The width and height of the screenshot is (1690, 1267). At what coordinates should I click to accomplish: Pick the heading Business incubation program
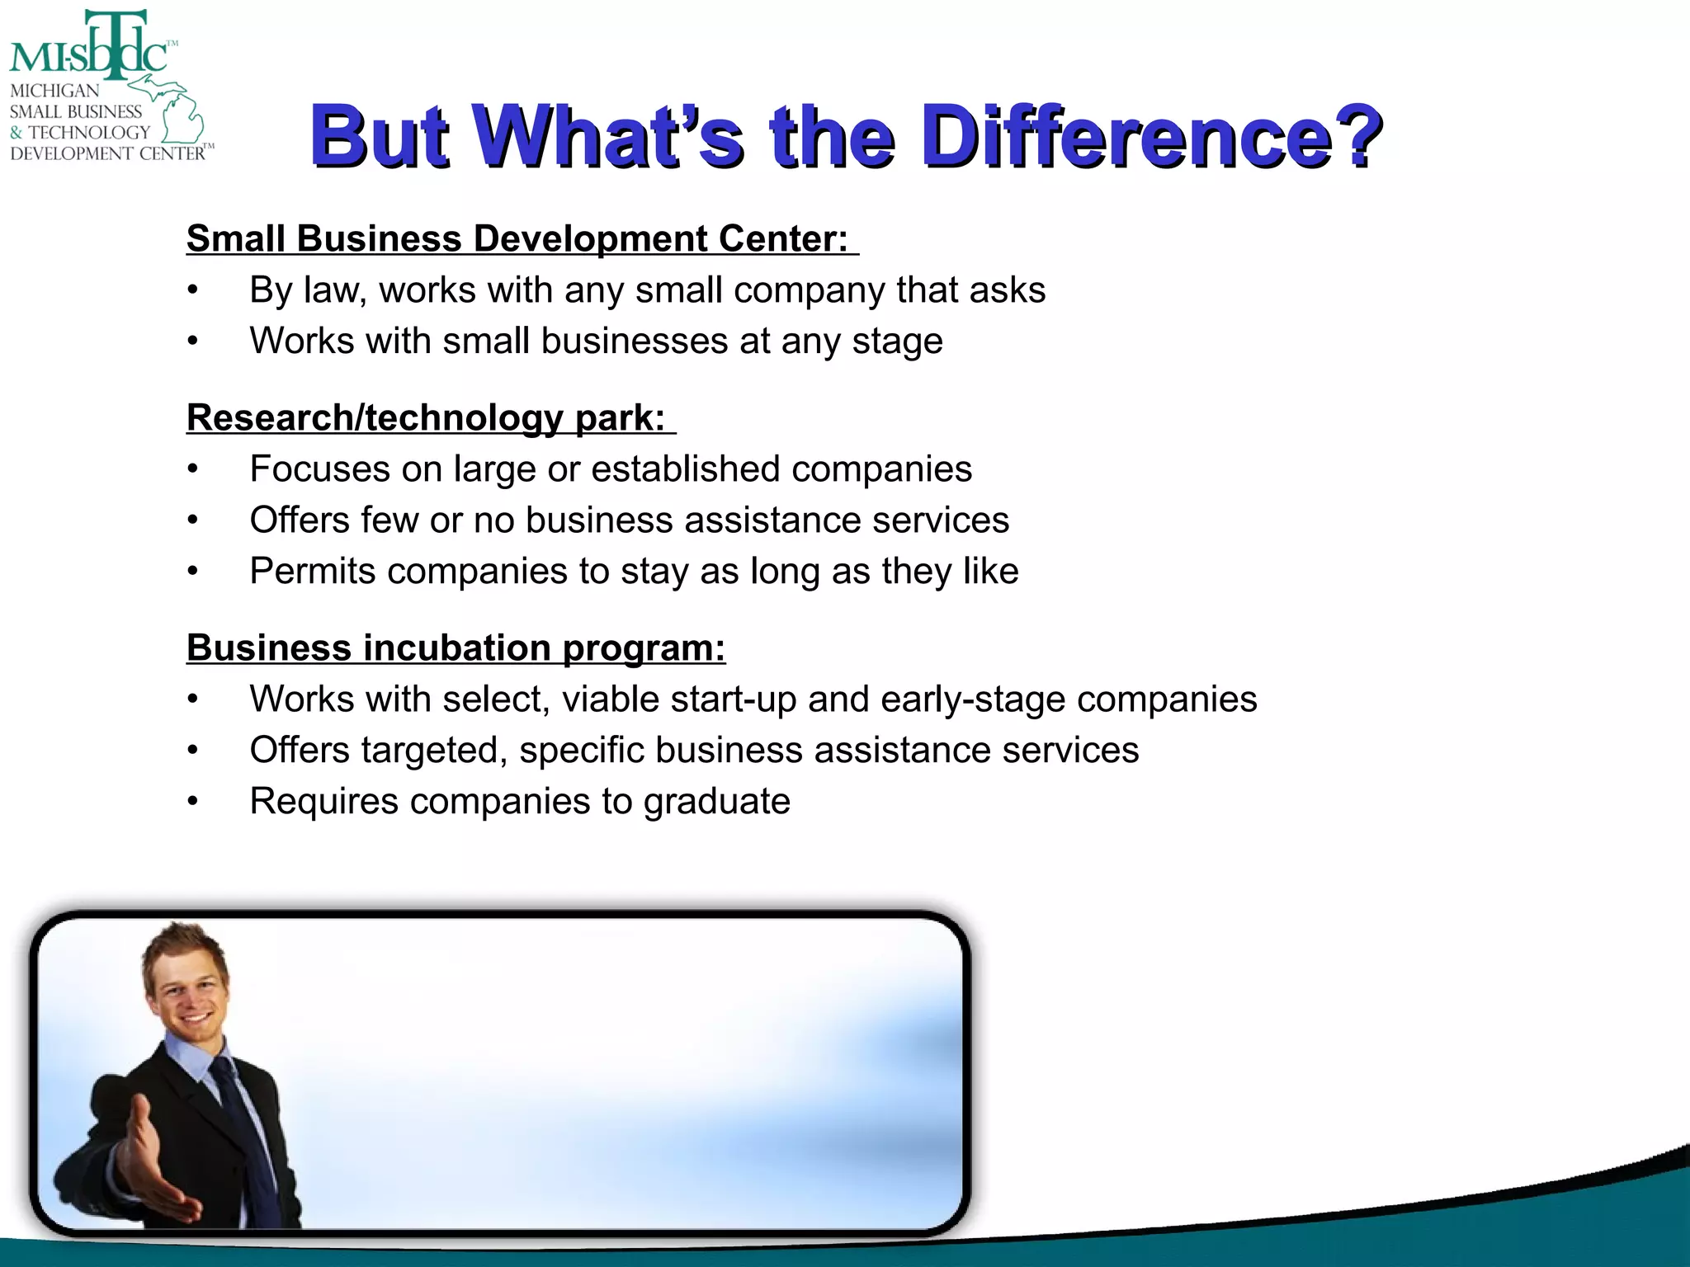[456, 648]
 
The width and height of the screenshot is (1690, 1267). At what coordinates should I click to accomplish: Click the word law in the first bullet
[333, 290]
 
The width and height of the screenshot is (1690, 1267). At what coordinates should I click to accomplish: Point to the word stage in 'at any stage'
[897, 342]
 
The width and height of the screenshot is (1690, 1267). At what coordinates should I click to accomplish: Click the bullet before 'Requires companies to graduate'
[192, 802]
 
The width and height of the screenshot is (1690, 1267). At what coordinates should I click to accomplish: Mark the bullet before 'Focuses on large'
[192, 469]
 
